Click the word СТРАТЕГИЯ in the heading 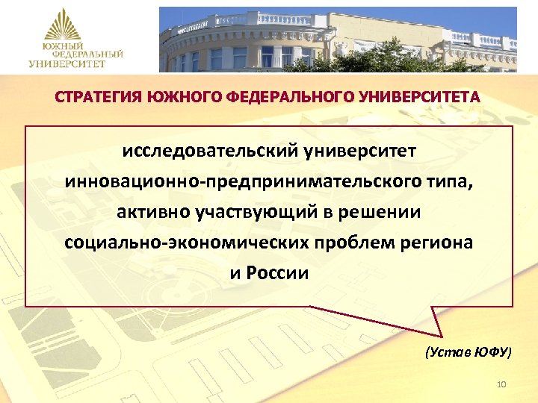pyautogui.click(x=97, y=98)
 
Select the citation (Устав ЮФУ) pyautogui.click(x=469, y=352)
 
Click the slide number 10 pyautogui.click(x=501, y=384)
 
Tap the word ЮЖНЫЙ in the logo pyautogui.click(x=62, y=46)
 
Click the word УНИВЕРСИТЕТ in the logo pyautogui.click(x=67, y=64)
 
